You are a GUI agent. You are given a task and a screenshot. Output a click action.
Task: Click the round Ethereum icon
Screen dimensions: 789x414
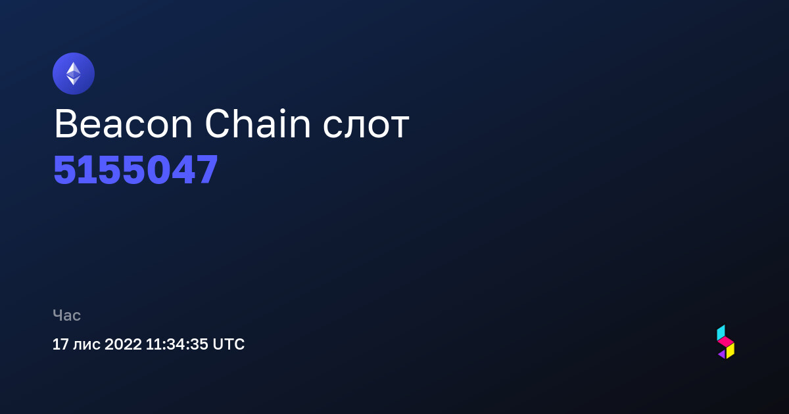pyautogui.click(x=74, y=74)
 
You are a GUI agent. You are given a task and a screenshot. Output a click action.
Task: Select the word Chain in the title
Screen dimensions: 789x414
pyautogui.click(x=258, y=124)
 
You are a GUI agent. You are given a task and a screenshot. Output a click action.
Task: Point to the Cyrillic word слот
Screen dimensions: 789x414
pyautogui.click(x=366, y=127)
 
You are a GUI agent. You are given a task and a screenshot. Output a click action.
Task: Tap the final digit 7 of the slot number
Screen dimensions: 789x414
pyautogui.click(x=206, y=170)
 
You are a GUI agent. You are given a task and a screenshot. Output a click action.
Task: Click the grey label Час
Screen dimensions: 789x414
pyautogui.click(x=66, y=315)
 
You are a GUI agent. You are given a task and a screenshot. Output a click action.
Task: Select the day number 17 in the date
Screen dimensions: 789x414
pyautogui.click(x=60, y=344)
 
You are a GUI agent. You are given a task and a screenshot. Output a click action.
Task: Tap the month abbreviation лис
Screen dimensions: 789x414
pyautogui.click(x=86, y=345)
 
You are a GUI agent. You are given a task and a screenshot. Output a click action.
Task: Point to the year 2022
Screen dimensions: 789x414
pyautogui.click(x=123, y=344)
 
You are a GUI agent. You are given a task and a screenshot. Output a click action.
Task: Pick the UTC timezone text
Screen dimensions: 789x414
pyautogui.click(x=229, y=344)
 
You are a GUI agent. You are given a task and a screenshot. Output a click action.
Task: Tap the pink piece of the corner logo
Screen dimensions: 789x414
pyautogui.click(x=726, y=342)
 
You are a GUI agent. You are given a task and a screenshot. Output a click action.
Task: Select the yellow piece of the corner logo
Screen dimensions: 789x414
pyautogui.click(x=730, y=351)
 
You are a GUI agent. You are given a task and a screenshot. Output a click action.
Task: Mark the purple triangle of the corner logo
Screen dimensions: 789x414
pyautogui.click(x=723, y=354)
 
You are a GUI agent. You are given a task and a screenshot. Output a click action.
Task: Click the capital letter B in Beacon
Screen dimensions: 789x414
pyautogui.click(x=66, y=124)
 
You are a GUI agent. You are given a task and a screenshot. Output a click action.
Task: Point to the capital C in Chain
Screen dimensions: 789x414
pyautogui.click(x=218, y=124)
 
